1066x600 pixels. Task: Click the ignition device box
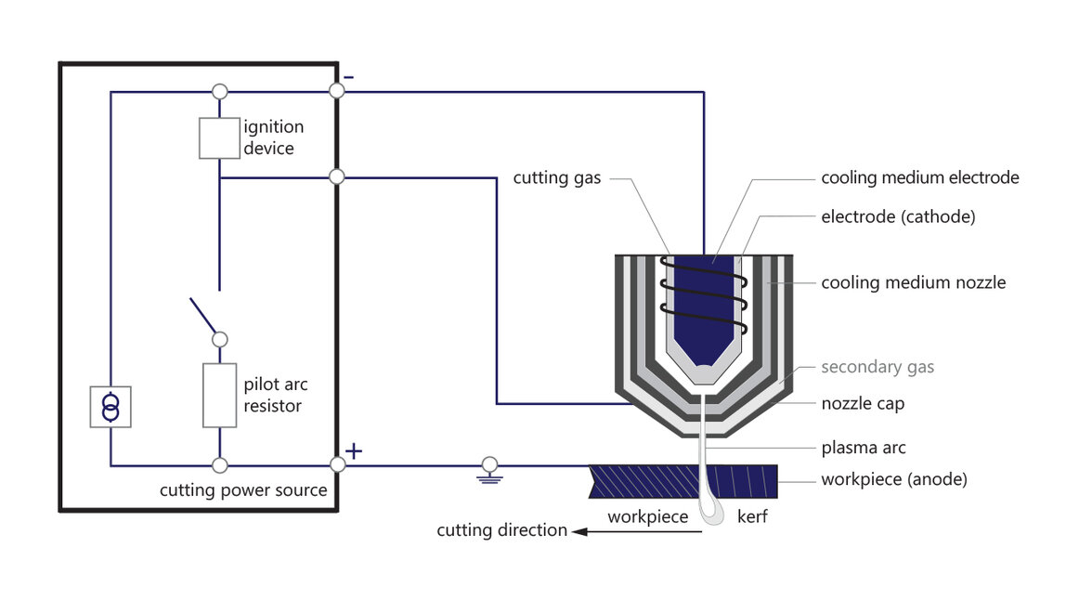click(220, 137)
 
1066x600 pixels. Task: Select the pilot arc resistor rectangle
click(220, 395)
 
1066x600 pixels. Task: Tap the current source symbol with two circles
click(110, 407)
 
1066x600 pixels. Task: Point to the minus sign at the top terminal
click(347, 77)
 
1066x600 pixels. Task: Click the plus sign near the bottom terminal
click(354, 451)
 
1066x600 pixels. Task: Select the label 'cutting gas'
click(557, 177)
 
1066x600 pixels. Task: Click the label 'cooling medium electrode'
click(919, 177)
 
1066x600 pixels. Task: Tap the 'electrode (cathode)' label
click(898, 217)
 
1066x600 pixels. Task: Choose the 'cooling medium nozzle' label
click(913, 282)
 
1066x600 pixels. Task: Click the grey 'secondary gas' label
click(877, 367)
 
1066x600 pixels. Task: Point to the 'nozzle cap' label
click(863, 404)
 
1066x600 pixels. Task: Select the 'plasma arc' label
click(864, 448)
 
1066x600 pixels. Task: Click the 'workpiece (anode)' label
click(893, 480)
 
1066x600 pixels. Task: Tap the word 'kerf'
click(751, 516)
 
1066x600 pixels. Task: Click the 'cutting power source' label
click(243, 489)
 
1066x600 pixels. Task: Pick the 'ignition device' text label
click(273, 137)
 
